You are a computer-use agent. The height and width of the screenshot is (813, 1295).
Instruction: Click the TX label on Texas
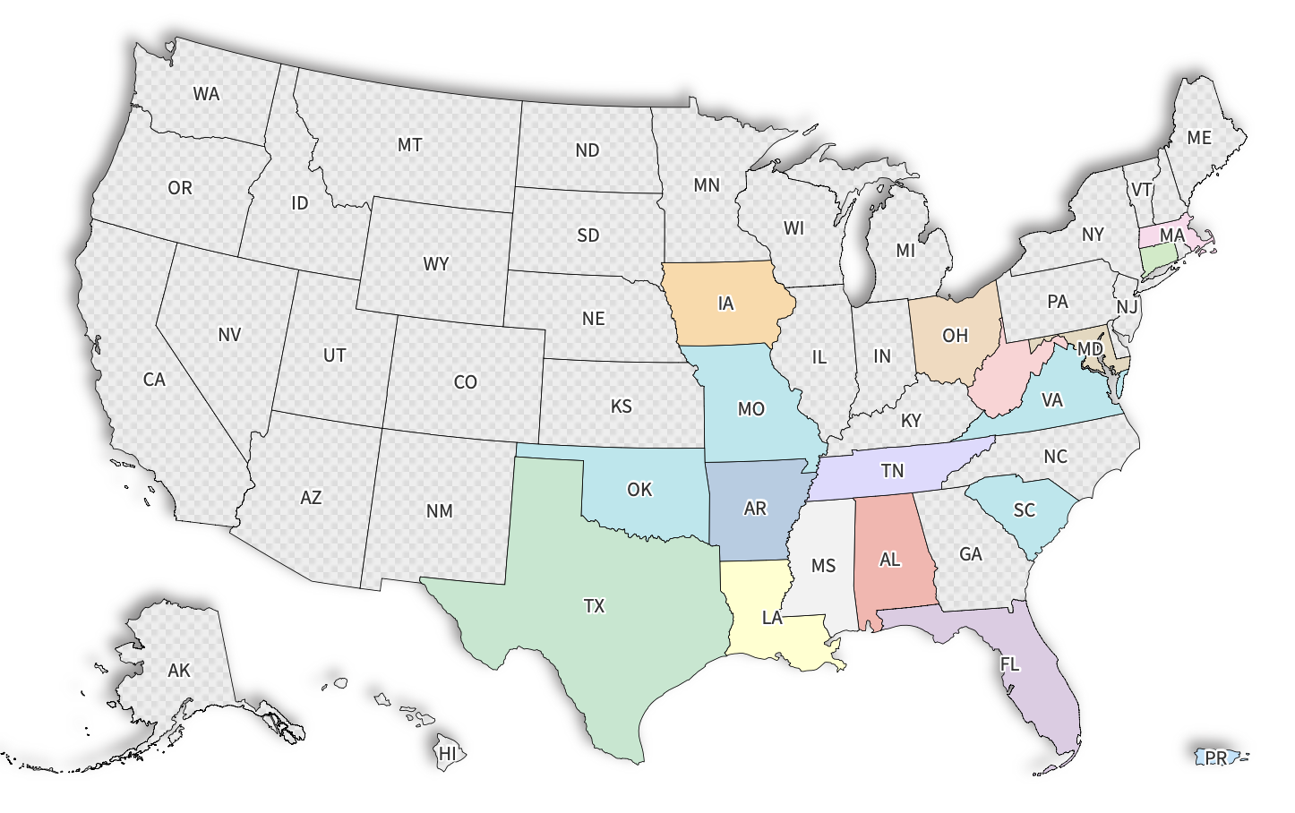[x=594, y=606]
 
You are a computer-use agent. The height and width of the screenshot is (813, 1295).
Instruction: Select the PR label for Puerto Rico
[x=1215, y=758]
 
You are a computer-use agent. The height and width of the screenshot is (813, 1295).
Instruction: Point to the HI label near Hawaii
[x=447, y=754]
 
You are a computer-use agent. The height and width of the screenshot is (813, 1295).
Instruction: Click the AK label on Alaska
[x=179, y=671]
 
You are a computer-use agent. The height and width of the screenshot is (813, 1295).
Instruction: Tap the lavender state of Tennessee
[x=893, y=471]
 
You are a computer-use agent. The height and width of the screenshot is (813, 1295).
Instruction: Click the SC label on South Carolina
[x=1024, y=510]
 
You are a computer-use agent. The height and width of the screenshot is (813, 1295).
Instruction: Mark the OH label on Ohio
[x=955, y=336]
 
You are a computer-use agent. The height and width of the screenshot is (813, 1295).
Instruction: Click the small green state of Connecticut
[x=1159, y=260]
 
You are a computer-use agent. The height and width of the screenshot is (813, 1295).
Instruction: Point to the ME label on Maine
[x=1199, y=138]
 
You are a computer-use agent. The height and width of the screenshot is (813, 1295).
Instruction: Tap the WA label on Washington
[x=206, y=94]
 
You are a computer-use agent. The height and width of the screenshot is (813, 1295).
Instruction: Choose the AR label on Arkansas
[x=755, y=509]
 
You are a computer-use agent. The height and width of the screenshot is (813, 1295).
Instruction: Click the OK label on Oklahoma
[x=639, y=490]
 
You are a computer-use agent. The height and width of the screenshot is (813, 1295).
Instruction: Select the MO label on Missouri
[x=750, y=409]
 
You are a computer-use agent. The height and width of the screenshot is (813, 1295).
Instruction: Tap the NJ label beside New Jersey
[x=1127, y=308]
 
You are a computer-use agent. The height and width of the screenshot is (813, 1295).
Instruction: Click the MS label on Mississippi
[x=823, y=566]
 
